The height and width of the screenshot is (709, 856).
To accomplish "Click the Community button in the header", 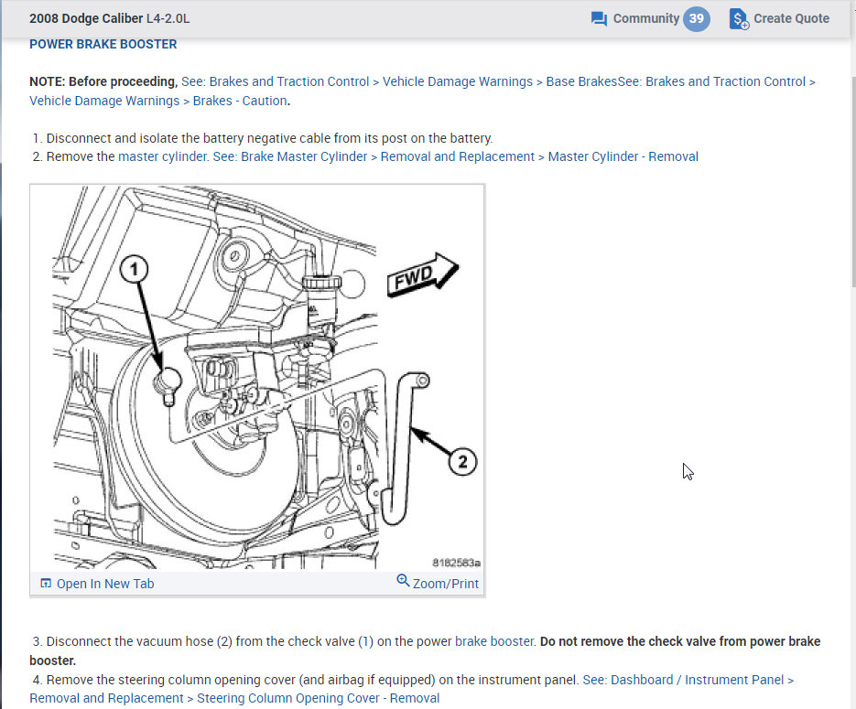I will point(645,18).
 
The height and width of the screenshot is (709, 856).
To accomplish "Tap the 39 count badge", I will point(697,18).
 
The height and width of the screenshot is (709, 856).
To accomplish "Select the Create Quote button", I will point(780,18).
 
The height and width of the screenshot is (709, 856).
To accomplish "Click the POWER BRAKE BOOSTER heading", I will point(103,44).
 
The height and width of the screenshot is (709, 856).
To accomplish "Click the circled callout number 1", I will point(135,268).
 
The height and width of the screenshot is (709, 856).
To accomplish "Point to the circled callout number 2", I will point(462,461).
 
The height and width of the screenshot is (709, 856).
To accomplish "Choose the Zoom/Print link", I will point(438,583).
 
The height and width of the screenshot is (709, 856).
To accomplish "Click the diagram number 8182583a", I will point(456,563).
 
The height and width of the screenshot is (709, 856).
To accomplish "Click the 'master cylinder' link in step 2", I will point(163,156).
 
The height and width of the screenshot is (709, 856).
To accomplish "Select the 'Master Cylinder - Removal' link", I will point(623,156).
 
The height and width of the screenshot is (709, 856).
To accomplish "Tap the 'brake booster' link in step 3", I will point(494,641).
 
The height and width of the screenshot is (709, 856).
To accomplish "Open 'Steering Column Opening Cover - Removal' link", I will point(318,698).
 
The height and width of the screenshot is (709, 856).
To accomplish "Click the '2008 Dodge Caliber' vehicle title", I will point(86,18).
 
